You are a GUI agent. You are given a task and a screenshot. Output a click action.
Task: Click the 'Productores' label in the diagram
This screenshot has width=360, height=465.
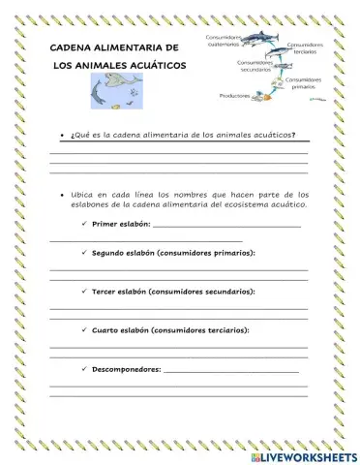(235, 95)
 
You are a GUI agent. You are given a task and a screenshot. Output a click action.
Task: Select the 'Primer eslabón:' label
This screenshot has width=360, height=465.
(121, 225)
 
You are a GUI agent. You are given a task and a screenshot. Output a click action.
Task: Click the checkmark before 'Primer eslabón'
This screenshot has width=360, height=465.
(83, 225)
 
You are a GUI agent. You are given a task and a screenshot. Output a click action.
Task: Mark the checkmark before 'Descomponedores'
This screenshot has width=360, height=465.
(83, 368)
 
